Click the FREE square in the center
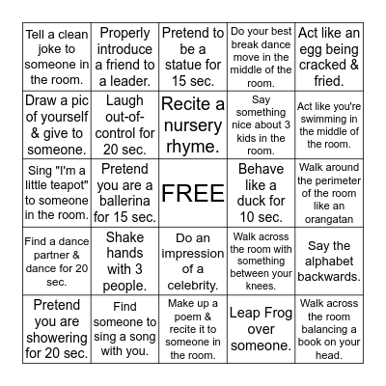point(192,193)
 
